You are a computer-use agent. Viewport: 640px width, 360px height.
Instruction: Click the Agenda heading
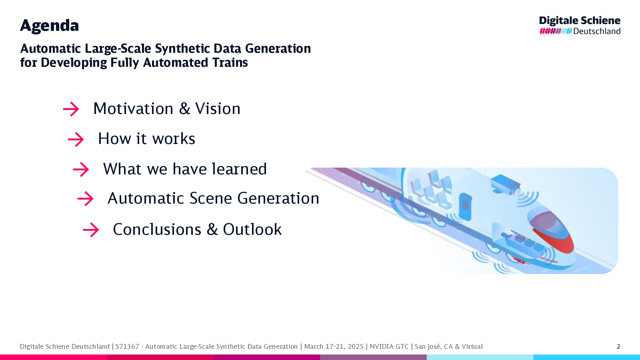tap(49, 26)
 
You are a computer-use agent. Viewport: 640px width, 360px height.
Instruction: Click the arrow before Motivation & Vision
tap(71, 109)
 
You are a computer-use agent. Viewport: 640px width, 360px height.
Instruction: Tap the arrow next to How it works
tap(76, 140)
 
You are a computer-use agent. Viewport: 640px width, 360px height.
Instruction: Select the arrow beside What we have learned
tap(81, 170)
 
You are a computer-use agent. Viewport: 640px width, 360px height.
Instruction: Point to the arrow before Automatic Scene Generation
tap(85, 198)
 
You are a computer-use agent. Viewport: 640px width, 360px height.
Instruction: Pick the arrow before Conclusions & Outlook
tap(91, 230)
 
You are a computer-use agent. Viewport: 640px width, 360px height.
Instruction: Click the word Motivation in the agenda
tap(134, 108)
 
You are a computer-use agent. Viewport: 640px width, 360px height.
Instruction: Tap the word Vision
tap(218, 108)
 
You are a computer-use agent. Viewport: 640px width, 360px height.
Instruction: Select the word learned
tap(240, 168)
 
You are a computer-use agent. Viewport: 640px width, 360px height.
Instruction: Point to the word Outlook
tap(252, 229)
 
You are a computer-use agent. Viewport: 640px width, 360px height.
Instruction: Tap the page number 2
tap(618, 346)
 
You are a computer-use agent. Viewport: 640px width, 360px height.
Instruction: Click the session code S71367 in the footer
tap(127, 346)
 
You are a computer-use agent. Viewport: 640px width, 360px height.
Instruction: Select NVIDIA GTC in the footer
tap(389, 346)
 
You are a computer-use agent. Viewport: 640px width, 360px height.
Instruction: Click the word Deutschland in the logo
tap(597, 31)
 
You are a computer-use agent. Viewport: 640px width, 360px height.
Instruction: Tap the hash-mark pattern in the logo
tap(556, 31)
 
